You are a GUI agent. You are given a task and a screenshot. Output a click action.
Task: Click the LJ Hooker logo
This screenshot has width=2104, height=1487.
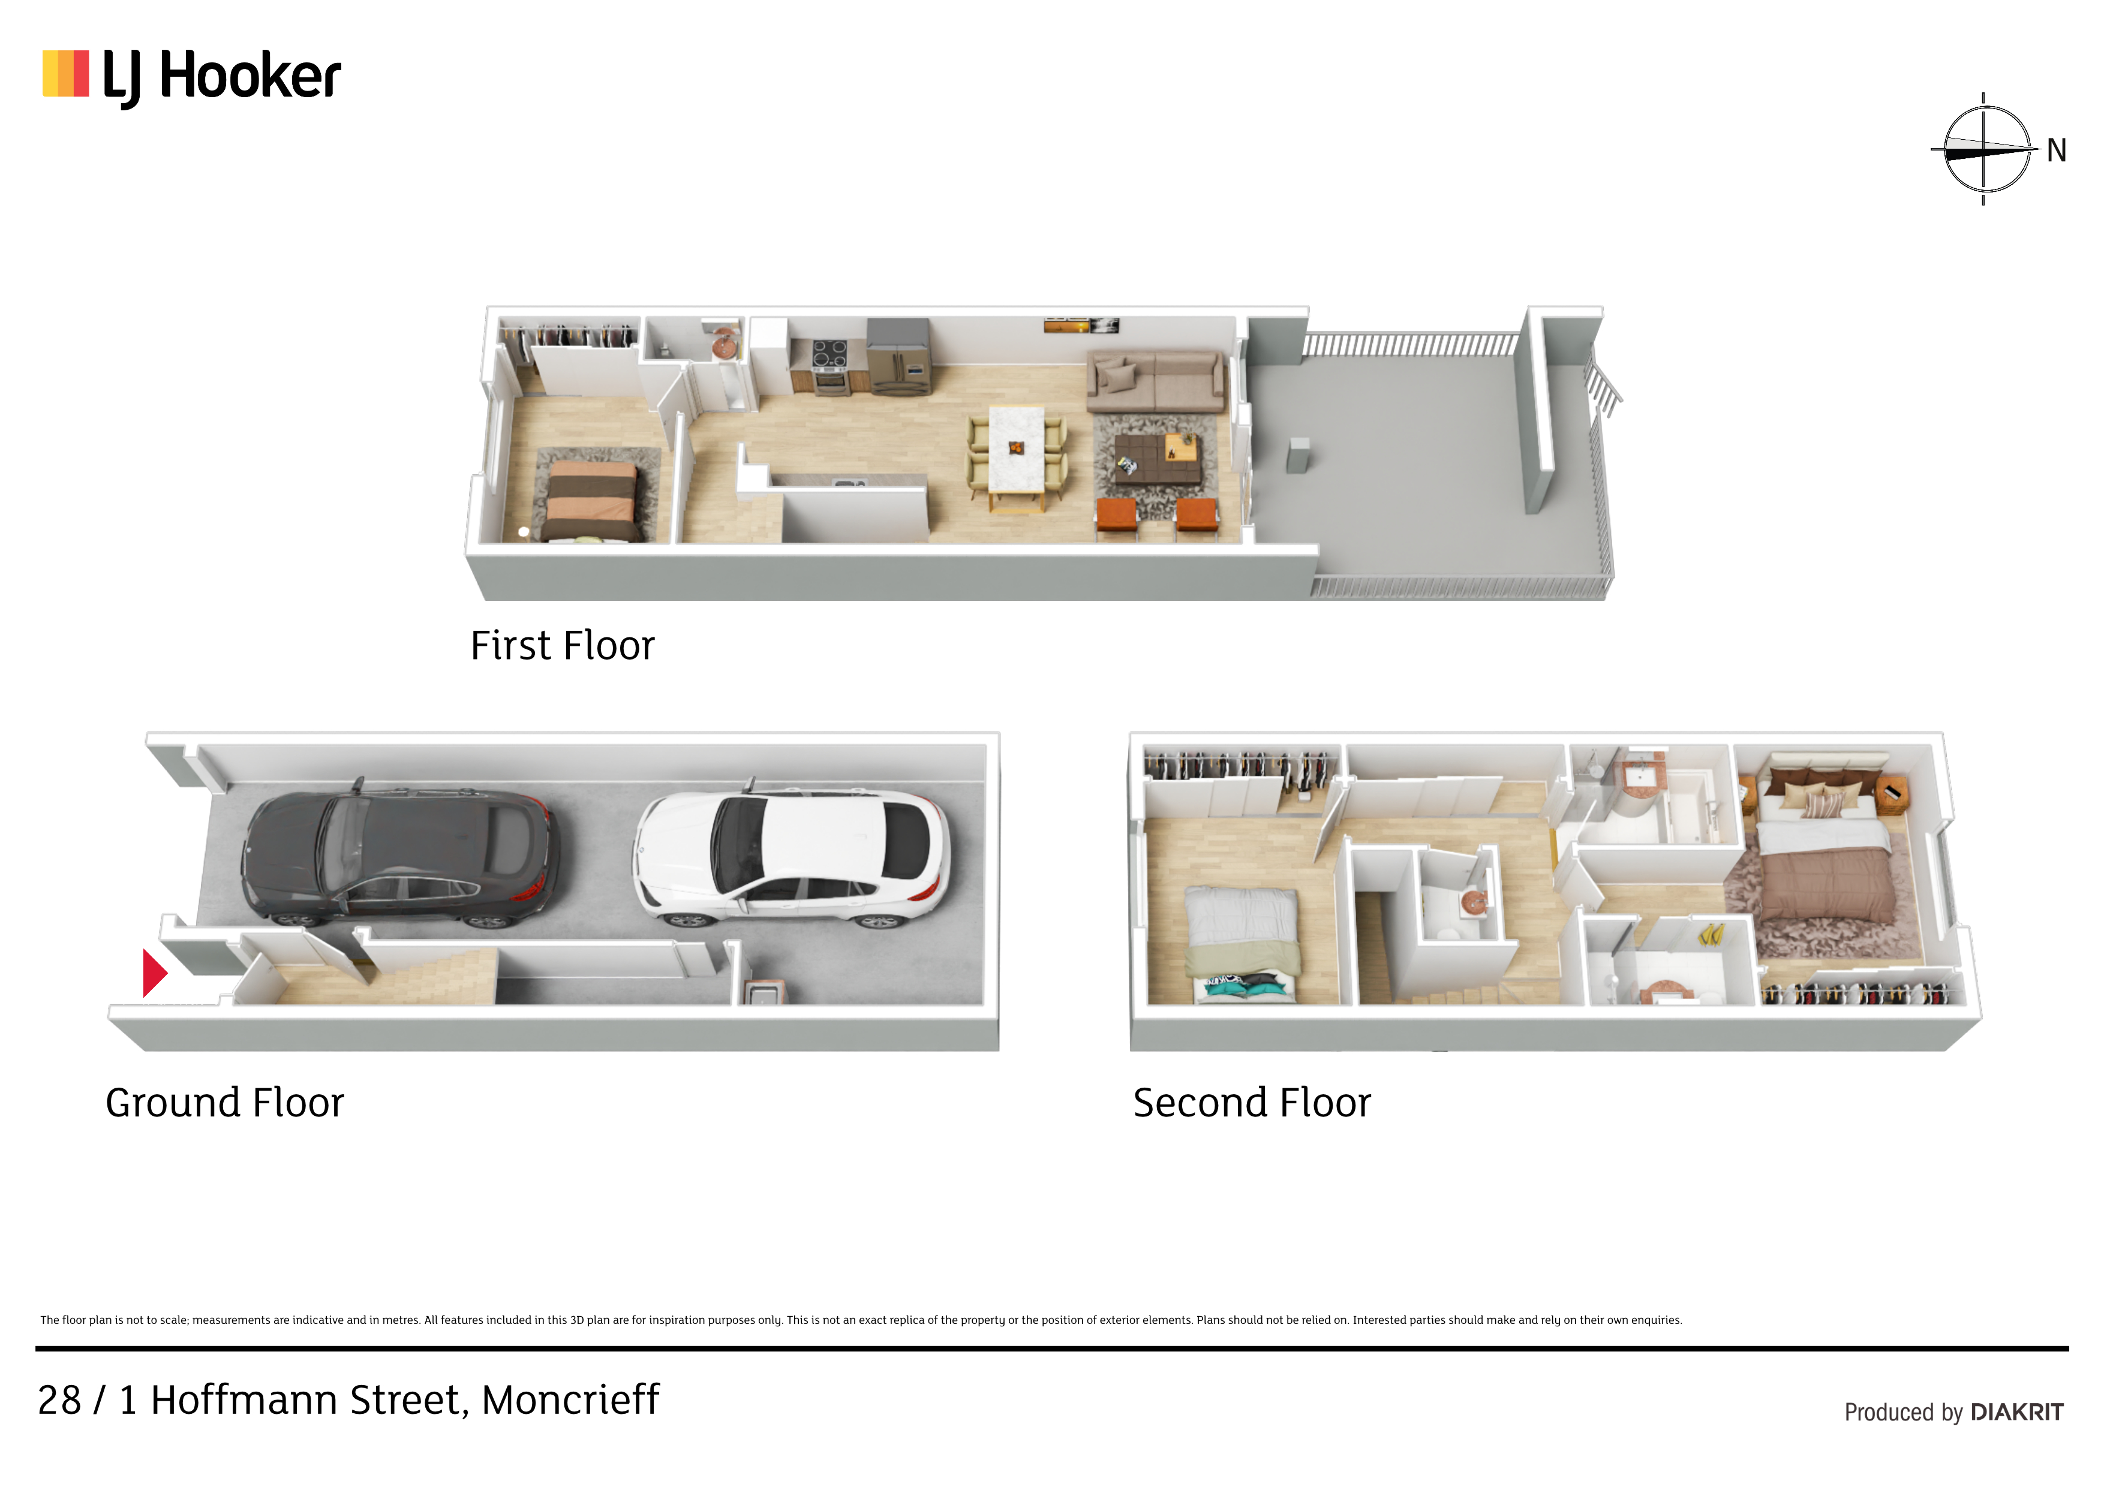191,76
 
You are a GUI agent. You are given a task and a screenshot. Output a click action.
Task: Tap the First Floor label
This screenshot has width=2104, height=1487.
563,646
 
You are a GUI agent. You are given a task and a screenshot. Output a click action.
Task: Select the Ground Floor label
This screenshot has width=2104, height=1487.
224,1103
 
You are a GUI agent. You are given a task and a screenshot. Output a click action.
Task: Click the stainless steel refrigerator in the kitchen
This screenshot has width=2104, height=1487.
899,356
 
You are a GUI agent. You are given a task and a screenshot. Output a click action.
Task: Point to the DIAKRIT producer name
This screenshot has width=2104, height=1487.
2017,1412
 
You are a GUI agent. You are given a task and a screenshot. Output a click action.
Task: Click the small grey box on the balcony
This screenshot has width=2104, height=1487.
1297,455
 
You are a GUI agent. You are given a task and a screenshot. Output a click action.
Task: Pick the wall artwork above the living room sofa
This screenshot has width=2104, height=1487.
1081,325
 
